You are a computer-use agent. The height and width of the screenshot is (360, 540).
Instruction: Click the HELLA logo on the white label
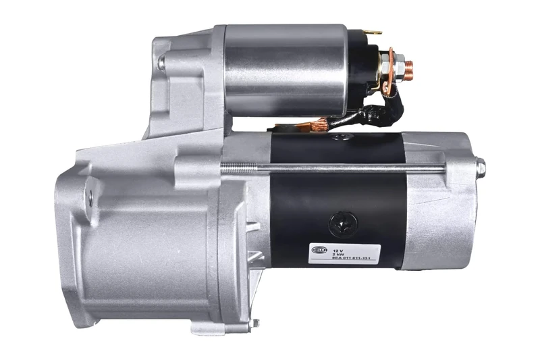click(x=319, y=250)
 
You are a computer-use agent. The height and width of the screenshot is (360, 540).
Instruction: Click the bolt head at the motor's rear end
click(x=480, y=166)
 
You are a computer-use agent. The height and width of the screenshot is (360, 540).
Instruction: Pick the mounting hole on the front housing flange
click(x=88, y=197)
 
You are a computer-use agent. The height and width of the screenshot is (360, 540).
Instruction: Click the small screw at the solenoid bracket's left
click(x=161, y=63)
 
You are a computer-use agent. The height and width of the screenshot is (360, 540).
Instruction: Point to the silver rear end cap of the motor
click(x=439, y=203)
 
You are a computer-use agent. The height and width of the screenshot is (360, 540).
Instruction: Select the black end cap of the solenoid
click(x=361, y=68)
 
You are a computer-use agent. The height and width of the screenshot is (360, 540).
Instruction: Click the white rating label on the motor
click(x=345, y=253)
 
